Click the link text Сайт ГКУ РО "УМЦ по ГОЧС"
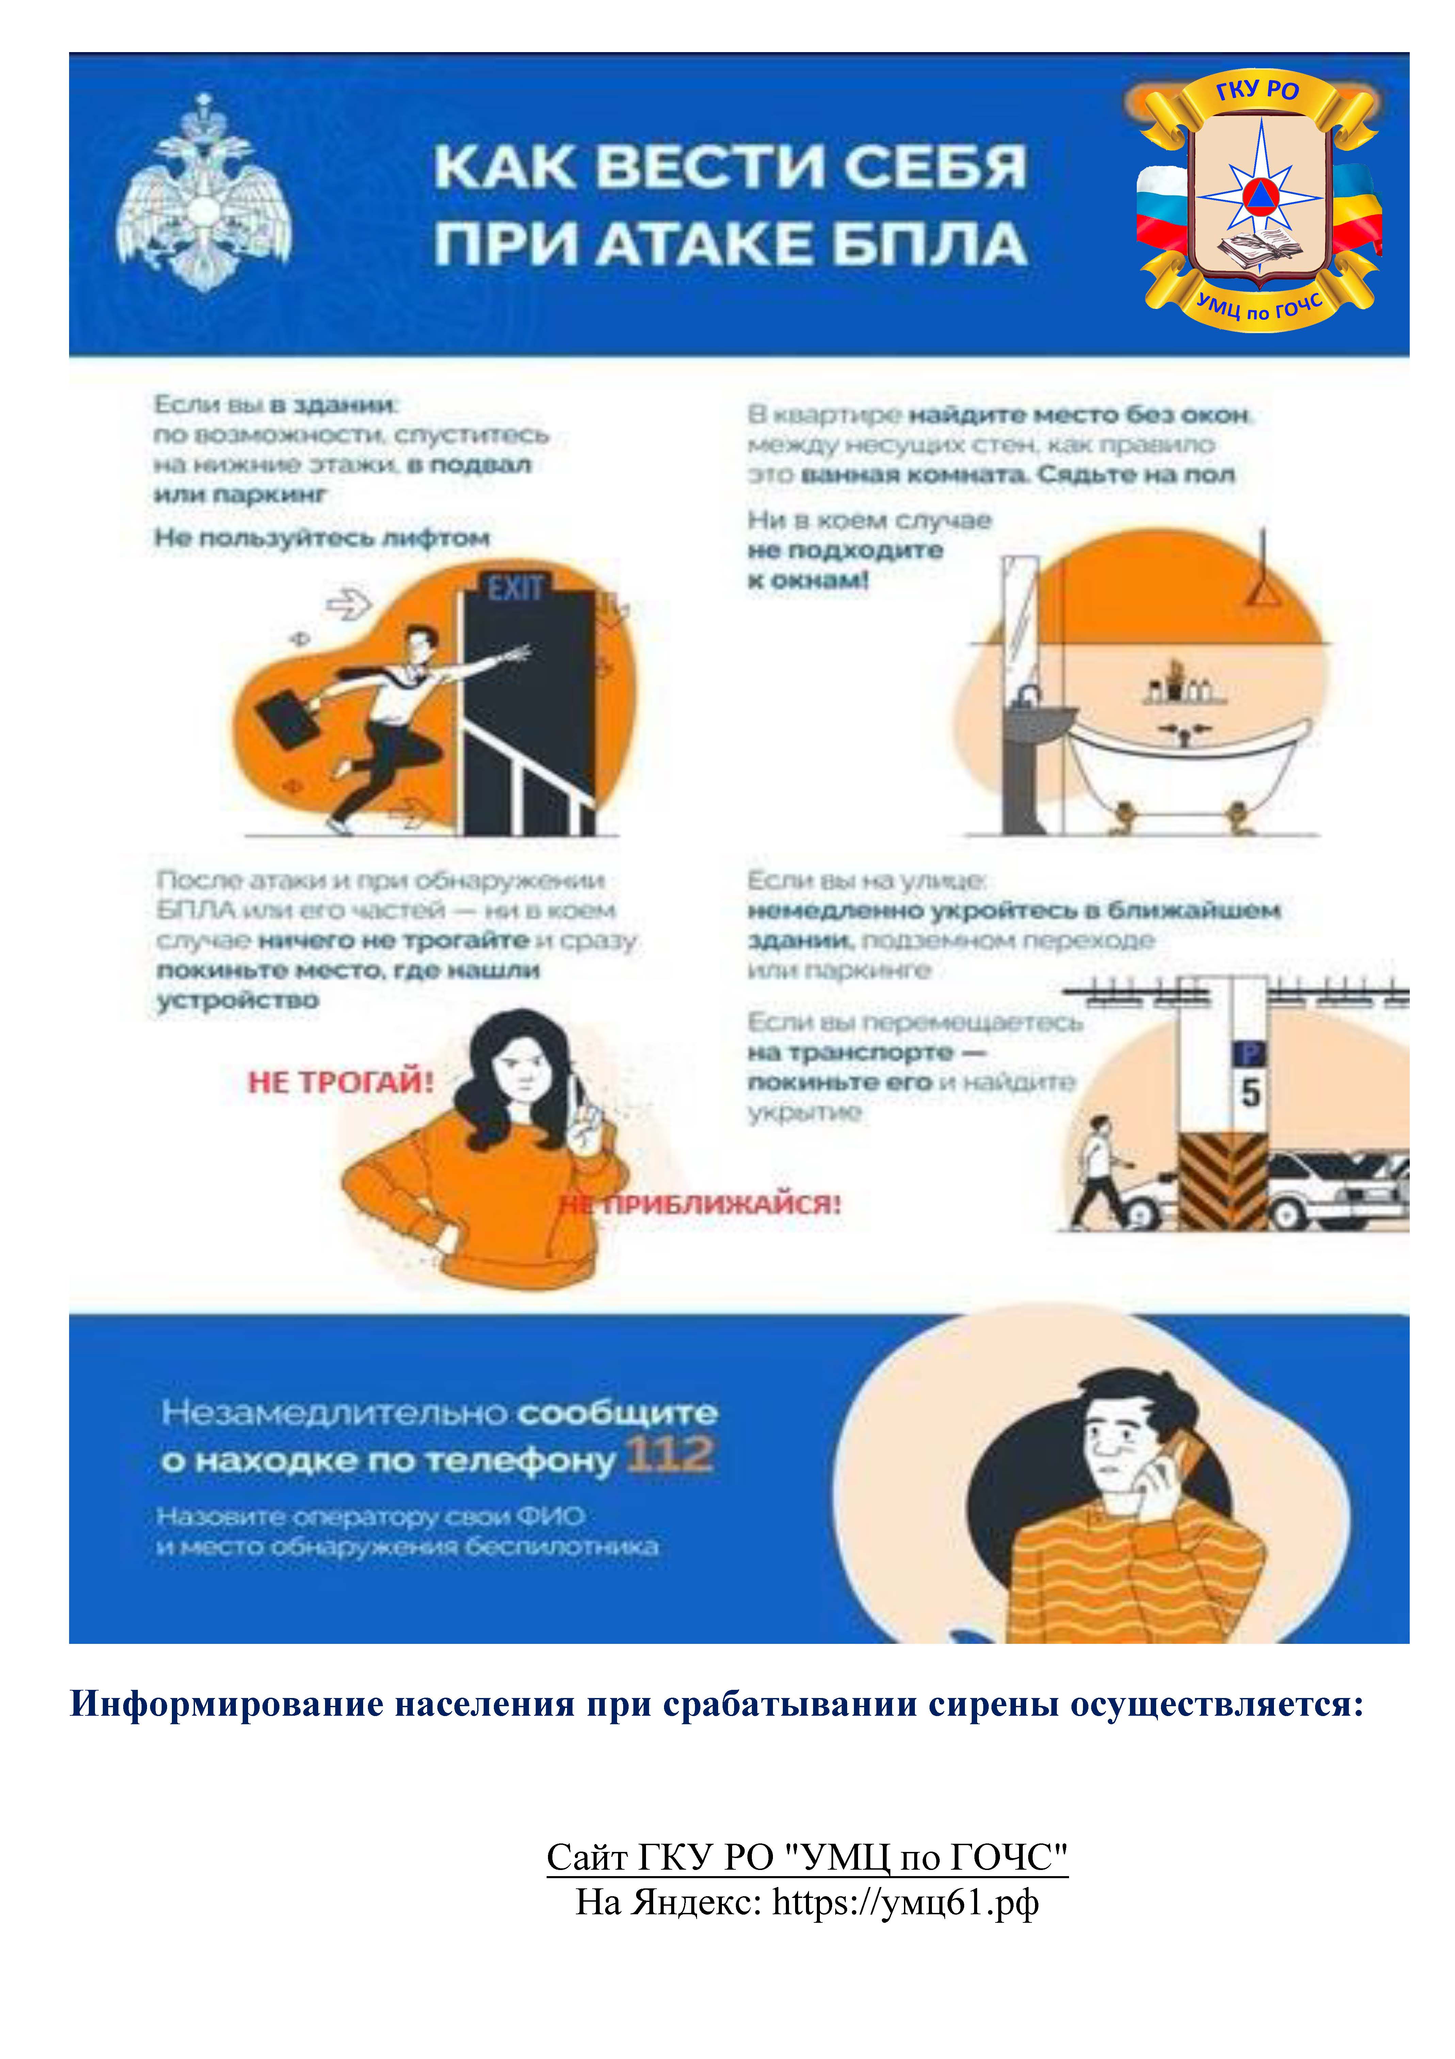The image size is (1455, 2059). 807,1857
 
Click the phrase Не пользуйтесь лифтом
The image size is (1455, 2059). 322,538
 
